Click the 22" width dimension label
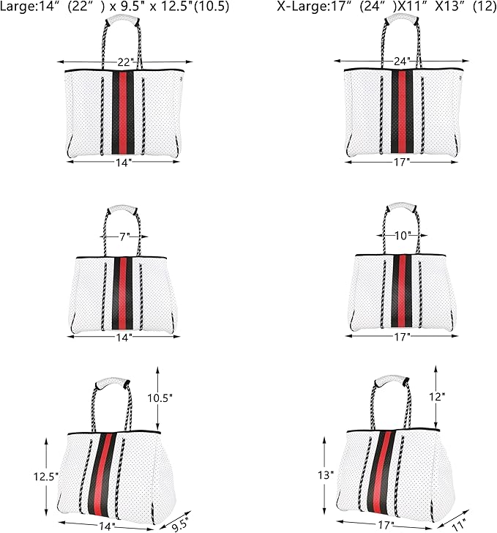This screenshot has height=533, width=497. [x=125, y=61]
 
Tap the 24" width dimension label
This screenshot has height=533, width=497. [x=402, y=61]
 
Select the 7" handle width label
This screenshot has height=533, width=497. [x=124, y=236]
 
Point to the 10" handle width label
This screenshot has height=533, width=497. [x=403, y=235]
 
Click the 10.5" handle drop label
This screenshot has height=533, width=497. [x=160, y=398]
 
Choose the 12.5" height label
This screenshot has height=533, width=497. [x=46, y=477]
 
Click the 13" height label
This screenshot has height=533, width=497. [x=326, y=475]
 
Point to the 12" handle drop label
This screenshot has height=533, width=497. [x=437, y=396]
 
